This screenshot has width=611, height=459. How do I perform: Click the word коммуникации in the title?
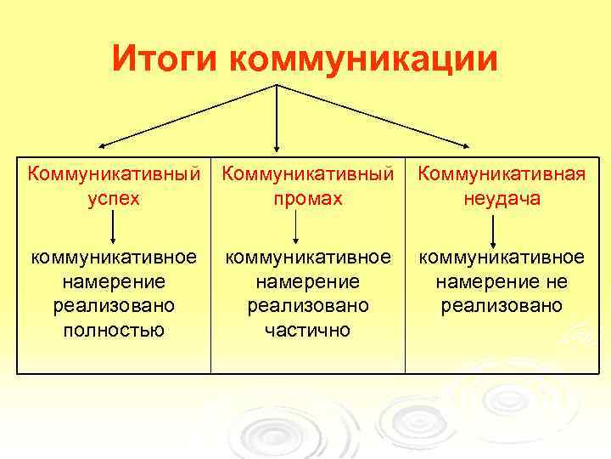coord(363,59)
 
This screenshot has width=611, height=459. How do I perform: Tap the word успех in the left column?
coord(114,199)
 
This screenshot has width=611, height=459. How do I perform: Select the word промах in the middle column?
coord(308,199)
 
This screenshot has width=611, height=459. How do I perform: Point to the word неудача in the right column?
coord(502,199)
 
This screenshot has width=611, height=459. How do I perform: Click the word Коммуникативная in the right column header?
coord(502,174)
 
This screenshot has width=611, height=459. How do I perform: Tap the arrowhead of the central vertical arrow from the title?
coord(277,149)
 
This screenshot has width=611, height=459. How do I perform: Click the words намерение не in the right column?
coord(502,281)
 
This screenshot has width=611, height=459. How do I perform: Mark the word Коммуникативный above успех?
coord(114,174)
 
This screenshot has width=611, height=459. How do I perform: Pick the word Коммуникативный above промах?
coord(308,174)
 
